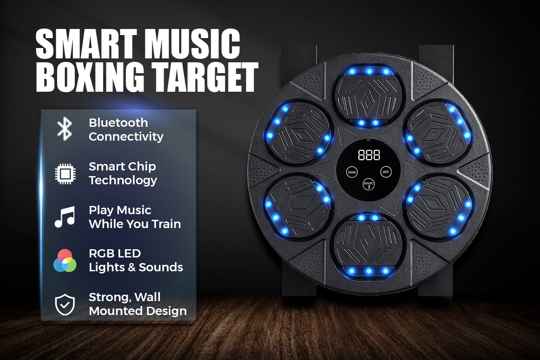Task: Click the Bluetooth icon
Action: [65, 129]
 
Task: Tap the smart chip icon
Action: [65, 174]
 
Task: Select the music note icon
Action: [65, 217]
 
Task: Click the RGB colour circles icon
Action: [65, 260]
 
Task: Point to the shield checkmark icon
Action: [65, 305]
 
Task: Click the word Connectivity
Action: [126, 137]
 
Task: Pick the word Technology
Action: [123, 180]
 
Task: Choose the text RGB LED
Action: [115, 254]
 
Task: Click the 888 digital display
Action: [369, 155]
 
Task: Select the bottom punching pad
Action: [369, 245]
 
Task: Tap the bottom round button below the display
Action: [369, 184]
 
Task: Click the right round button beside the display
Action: [386, 172]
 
